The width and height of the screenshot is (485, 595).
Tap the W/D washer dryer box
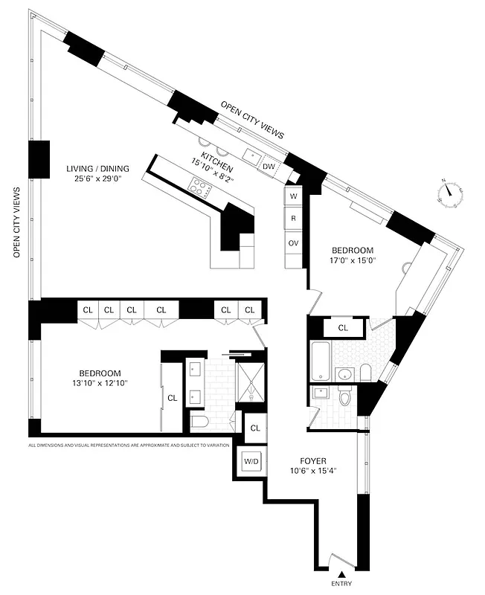pyautogui.click(x=251, y=462)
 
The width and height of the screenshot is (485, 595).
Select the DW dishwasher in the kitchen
pyautogui.click(x=268, y=167)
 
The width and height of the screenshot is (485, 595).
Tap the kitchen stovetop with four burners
pyautogui.click(x=200, y=186)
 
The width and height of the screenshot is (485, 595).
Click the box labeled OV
pyautogui.click(x=294, y=242)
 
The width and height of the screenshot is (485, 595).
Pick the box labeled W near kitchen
pyautogui.click(x=294, y=196)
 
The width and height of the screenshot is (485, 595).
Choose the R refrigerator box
pyautogui.click(x=294, y=219)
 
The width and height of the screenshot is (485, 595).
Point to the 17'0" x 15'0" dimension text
pyautogui.click(x=353, y=261)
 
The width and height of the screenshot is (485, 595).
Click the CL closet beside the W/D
pyautogui.click(x=255, y=428)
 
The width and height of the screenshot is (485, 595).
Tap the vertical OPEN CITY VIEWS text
pyautogui.click(x=16, y=222)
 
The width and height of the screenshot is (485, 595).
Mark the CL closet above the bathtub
pyautogui.click(x=344, y=327)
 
